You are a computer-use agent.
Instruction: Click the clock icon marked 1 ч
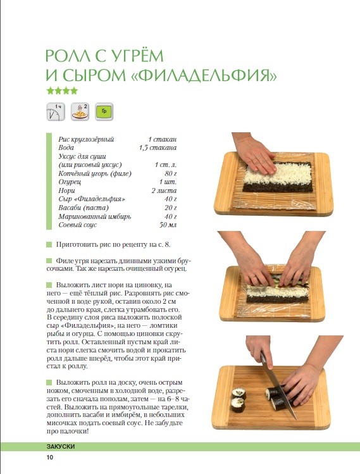[x=56, y=111]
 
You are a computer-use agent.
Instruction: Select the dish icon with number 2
[x=80, y=111]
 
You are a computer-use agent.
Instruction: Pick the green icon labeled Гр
[x=104, y=111]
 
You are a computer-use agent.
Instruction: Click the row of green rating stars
[x=62, y=90]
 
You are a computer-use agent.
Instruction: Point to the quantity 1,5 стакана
[x=158, y=148]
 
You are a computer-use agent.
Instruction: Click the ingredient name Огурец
[x=70, y=182]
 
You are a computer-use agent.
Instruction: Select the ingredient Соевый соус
[x=78, y=225]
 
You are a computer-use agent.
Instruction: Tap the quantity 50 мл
[x=168, y=225]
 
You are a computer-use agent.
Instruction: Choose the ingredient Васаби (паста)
[x=84, y=208]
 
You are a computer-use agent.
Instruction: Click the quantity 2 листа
[x=164, y=190]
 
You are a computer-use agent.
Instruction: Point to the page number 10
[x=50, y=457]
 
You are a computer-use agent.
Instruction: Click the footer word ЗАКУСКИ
[x=61, y=447]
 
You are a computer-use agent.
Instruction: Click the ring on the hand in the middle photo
[x=252, y=277]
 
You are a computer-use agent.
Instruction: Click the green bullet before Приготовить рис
[x=49, y=244]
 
